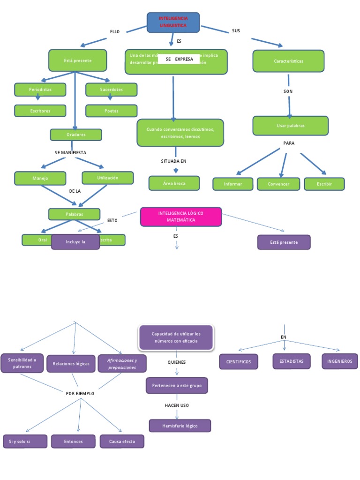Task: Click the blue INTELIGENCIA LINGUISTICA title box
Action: (173, 22)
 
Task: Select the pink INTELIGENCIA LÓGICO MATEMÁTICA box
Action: (181, 217)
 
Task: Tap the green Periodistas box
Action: (40, 89)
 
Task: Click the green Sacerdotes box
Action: (111, 89)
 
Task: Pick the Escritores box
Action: (40, 111)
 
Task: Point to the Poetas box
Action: (111, 111)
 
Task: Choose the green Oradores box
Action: (75, 135)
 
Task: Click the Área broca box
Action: (174, 183)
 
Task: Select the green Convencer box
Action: (278, 184)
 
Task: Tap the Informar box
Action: (233, 184)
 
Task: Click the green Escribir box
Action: (324, 184)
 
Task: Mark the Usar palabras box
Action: (290, 126)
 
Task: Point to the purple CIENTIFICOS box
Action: (239, 361)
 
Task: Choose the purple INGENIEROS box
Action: (340, 361)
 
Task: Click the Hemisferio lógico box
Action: (180, 426)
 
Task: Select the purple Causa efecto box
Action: (122, 442)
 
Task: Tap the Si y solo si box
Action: (25, 442)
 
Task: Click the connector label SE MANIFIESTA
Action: (70, 152)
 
